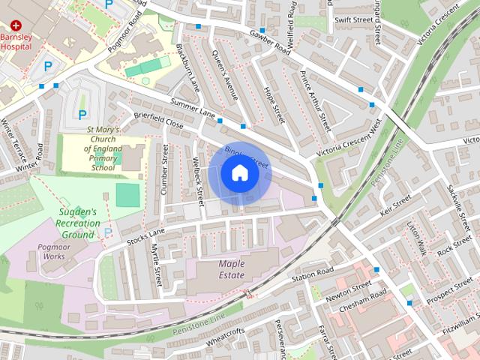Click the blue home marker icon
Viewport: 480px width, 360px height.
(239, 173)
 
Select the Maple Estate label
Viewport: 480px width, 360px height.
(232, 269)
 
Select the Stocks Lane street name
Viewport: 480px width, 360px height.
(145, 238)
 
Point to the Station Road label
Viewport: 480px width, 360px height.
(312, 276)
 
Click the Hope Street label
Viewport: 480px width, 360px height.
(275, 104)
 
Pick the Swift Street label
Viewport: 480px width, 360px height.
(352, 20)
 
